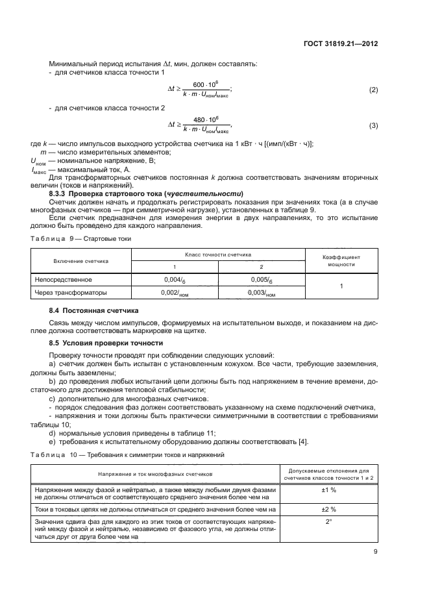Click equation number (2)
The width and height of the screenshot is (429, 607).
[x=373, y=90]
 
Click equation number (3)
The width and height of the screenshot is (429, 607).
[x=373, y=125]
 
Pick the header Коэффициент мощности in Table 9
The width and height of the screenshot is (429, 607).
[x=341, y=260]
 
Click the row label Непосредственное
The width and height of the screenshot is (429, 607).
[x=64, y=280]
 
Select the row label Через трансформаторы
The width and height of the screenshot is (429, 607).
[x=70, y=293]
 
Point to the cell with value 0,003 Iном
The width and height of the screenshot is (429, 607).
[x=262, y=293]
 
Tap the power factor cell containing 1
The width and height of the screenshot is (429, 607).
[x=341, y=286]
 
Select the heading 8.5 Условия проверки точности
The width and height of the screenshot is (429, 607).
[x=107, y=342]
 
